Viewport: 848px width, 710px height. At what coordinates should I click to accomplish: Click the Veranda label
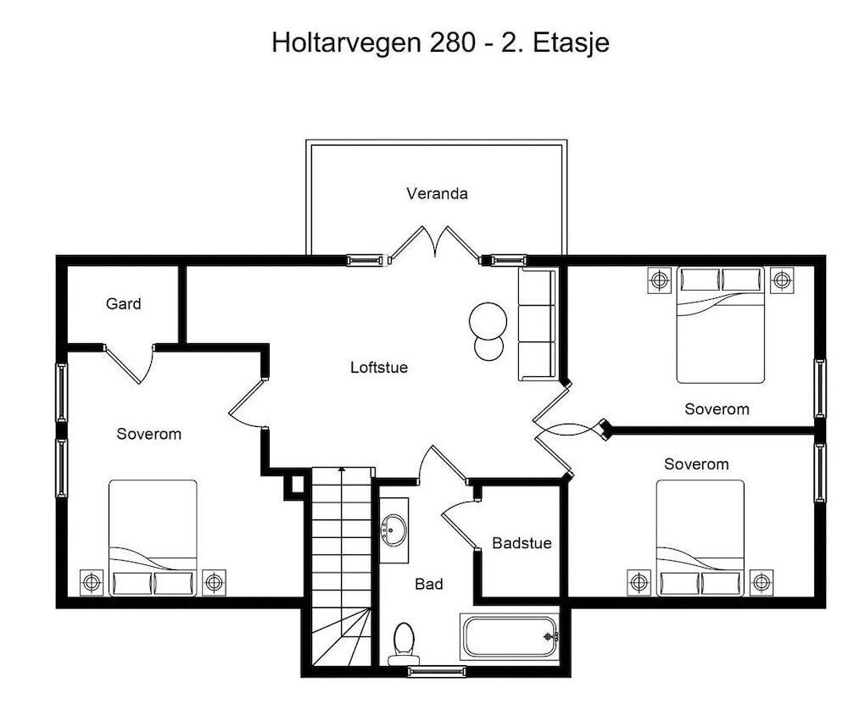pos(437,193)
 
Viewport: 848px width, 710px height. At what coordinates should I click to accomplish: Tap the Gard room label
pos(123,303)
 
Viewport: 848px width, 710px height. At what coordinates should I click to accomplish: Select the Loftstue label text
pos(379,368)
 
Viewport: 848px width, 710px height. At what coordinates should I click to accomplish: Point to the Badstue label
pos(522,543)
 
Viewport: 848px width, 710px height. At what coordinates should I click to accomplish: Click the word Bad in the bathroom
pos(429,584)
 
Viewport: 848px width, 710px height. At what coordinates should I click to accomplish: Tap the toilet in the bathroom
pos(404,644)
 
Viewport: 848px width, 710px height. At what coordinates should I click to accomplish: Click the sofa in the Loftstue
pos(537,324)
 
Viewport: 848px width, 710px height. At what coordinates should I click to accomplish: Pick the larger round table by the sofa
pos(488,321)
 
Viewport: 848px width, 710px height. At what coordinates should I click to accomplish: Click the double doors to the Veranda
pos(435,242)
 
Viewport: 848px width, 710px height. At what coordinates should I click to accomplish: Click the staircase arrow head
pos(342,470)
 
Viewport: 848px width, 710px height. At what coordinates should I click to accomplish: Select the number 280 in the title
pos(453,42)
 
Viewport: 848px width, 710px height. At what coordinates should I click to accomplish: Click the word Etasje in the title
pos(572,42)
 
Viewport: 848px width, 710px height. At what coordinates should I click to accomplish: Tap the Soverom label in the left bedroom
pos(149,434)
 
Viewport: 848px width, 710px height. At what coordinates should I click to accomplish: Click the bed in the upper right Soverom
pos(720,324)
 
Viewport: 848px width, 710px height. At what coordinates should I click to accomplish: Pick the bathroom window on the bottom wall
pos(437,672)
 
